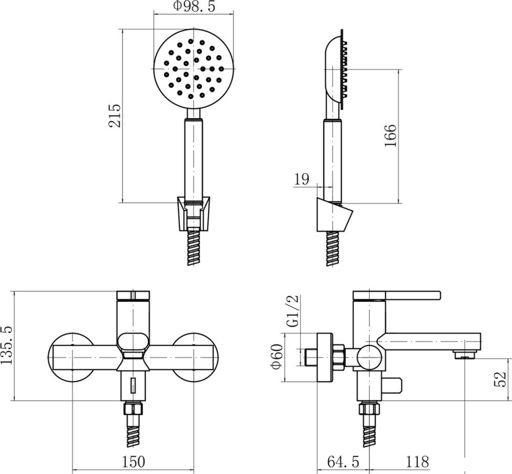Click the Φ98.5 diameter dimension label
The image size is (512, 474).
point(194,6)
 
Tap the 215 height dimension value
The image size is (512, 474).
point(115,116)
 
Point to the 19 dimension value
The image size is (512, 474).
point(302,179)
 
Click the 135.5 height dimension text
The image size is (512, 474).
point(6,345)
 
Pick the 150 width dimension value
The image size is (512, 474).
point(133,462)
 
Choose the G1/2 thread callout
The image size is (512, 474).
point(293,311)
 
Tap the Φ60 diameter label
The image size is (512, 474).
point(276,356)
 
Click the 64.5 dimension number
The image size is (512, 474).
point(343,462)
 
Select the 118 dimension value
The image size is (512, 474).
point(417,462)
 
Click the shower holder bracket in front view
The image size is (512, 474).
point(194,214)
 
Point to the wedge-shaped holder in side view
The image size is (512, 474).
point(335,215)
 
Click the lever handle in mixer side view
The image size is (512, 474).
point(397,295)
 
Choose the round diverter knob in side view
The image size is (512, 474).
point(369,357)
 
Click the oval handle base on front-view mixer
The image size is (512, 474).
point(133,343)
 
